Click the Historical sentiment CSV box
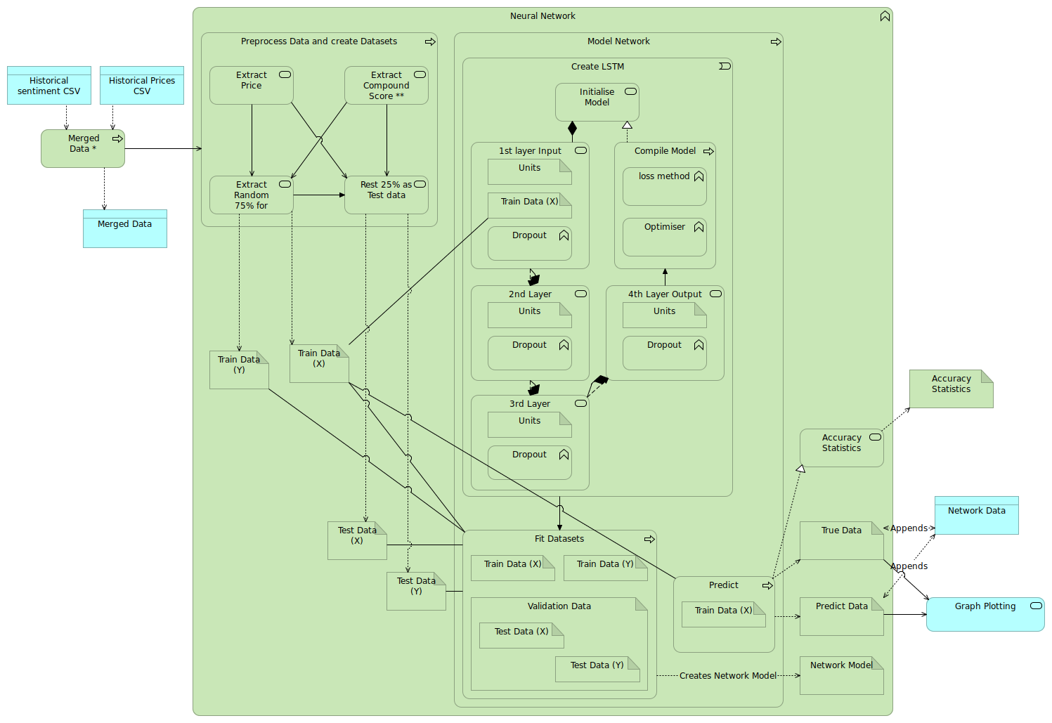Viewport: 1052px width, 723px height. pos(49,86)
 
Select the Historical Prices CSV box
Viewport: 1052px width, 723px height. pos(142,86)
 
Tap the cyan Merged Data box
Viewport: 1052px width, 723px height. pos(125,228)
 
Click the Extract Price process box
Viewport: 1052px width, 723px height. pos(252,86)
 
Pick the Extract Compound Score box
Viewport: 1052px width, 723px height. pos(387,86)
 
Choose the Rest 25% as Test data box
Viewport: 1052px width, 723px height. pos(387,195)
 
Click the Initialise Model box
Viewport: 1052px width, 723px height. pos(597,102)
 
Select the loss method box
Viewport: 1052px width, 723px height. pos(665,186)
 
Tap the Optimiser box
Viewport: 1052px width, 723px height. pos(665,237)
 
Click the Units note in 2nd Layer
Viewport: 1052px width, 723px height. pos(530,315)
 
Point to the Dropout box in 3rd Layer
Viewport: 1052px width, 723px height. pos(530,462)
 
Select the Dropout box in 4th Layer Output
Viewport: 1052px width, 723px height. pos(665,353)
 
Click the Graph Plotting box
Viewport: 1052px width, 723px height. pos(985,614)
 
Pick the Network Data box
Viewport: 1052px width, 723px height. pos(977,515)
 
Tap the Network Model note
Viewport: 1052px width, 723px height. pos(842,675)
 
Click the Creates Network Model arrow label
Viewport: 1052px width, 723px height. pos(728,676)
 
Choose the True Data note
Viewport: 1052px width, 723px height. pos(842,540)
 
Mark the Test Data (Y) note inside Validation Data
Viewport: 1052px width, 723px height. pos(597,669)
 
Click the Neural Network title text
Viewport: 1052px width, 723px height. pos(543,16)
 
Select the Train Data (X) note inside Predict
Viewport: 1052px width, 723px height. pos(724,614)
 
